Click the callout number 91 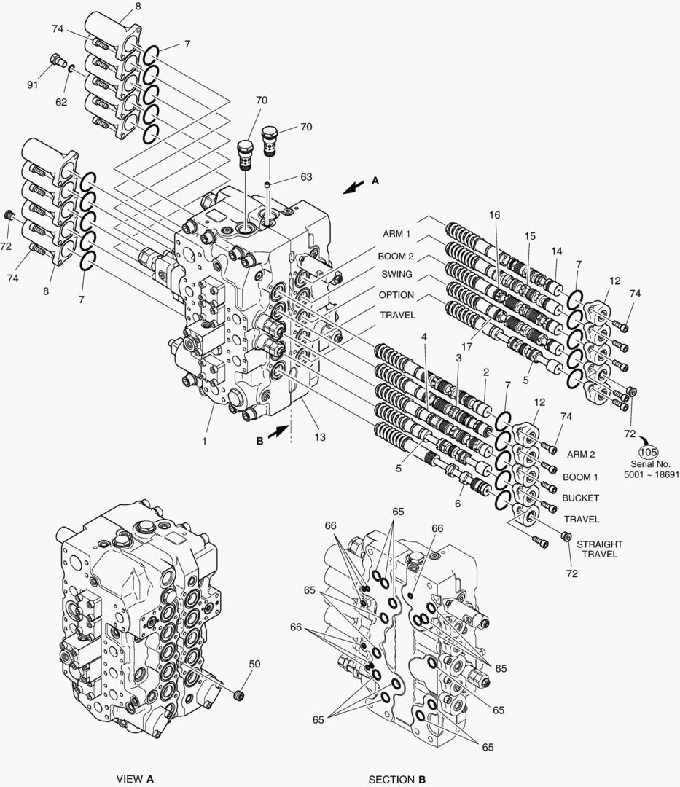[x=32, y=85]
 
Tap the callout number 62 [x=61, y=103]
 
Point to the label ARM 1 [x=396, y=234]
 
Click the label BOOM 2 [x=395, y=256]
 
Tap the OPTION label [x=396, y=295]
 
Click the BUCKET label [x=580, y=498]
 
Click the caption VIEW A [x=135, y=779]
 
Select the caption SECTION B [x=397, y=779]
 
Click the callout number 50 [x=254, y=664]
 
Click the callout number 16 [x=495, y=215]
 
